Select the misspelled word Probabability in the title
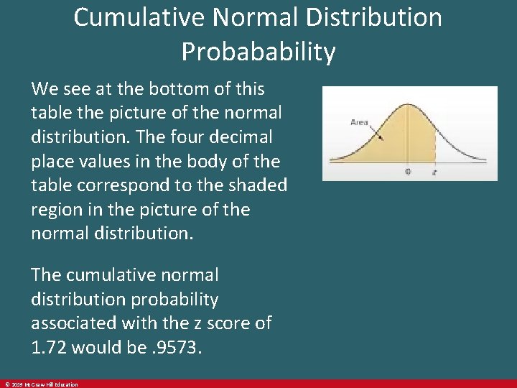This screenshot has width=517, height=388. coord(258,52)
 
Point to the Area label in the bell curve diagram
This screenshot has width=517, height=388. coord(359,122)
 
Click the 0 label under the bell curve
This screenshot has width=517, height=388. coord(408,172)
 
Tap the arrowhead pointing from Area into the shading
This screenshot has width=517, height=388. coord(381,138)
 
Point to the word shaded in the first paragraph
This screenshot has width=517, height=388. coord(255,185)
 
